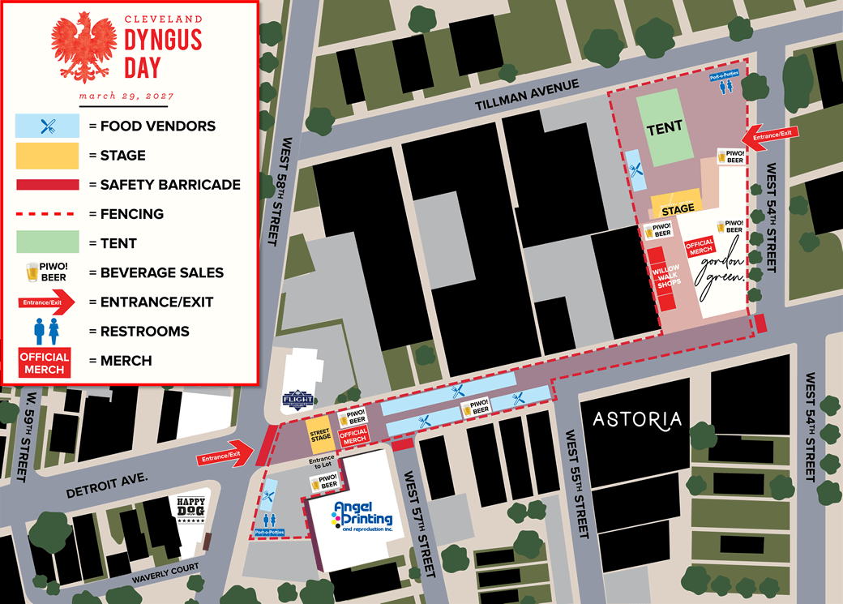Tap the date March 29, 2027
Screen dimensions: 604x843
coord(126,96)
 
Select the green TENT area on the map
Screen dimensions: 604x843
coord(665,127)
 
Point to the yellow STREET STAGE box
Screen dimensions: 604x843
coord(320,433)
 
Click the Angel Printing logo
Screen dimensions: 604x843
coord(362,516)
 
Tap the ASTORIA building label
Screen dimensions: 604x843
coord(637,419)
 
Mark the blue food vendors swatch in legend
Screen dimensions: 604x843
coord(48,126)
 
